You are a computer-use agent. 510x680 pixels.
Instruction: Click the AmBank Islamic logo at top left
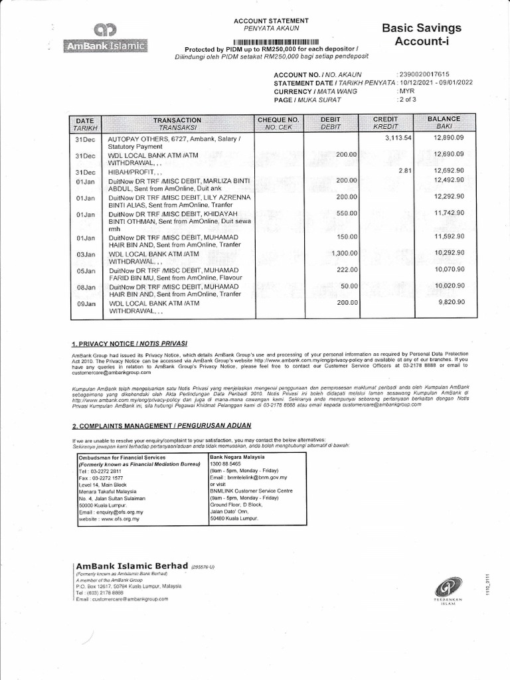106,39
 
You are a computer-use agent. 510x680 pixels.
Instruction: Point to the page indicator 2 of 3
406,100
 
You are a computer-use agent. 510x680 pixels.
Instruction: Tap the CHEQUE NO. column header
278,123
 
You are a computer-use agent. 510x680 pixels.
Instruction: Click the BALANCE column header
444,123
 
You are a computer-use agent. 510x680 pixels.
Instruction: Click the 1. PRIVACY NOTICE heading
129,343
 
